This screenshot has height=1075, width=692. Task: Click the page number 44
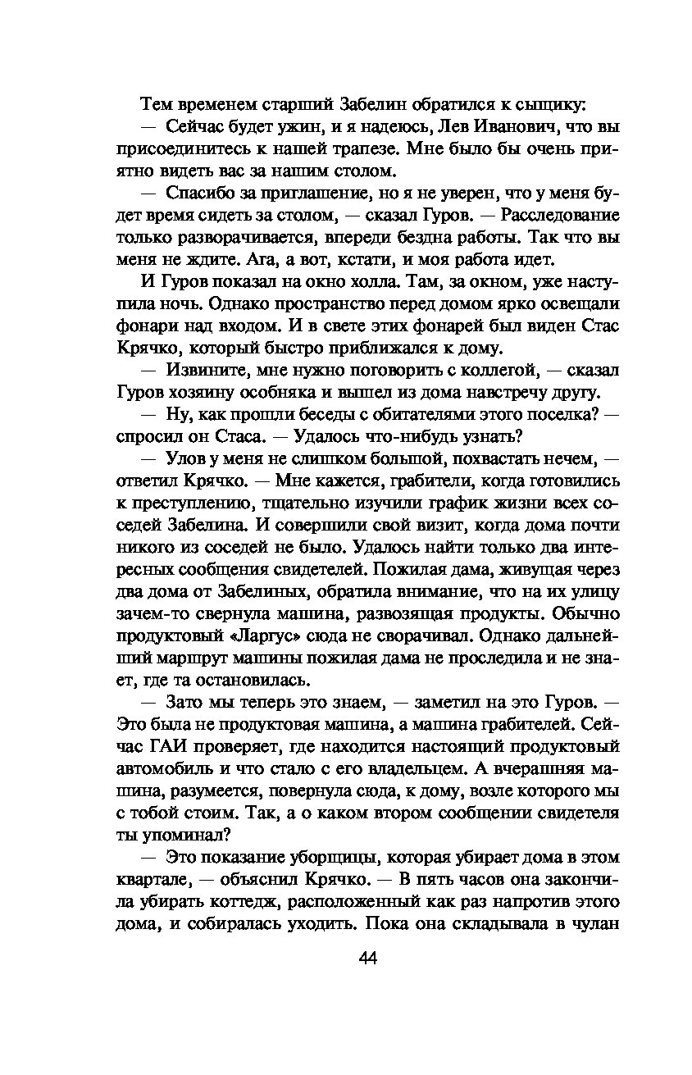[x=366, y=959]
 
